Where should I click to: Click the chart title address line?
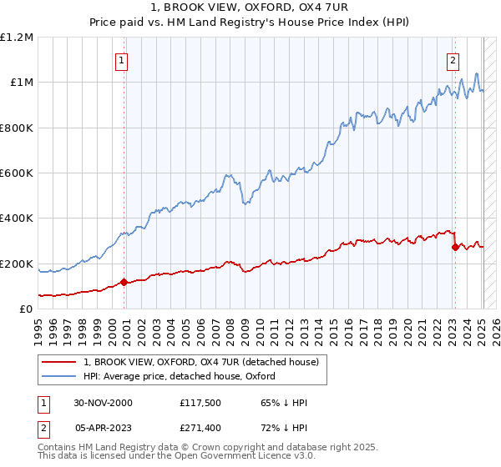click(250, 8)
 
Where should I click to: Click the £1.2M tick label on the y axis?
click(18, 38)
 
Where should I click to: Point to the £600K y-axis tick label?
click(18, 173)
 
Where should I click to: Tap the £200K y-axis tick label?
click(18, 264)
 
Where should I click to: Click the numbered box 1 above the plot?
click(122, 60)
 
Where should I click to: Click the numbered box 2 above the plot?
click(453, 60)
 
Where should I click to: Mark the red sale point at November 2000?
click(124, 282)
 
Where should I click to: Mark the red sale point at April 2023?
click(455, 247)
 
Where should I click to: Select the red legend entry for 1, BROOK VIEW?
click(200, 363)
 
